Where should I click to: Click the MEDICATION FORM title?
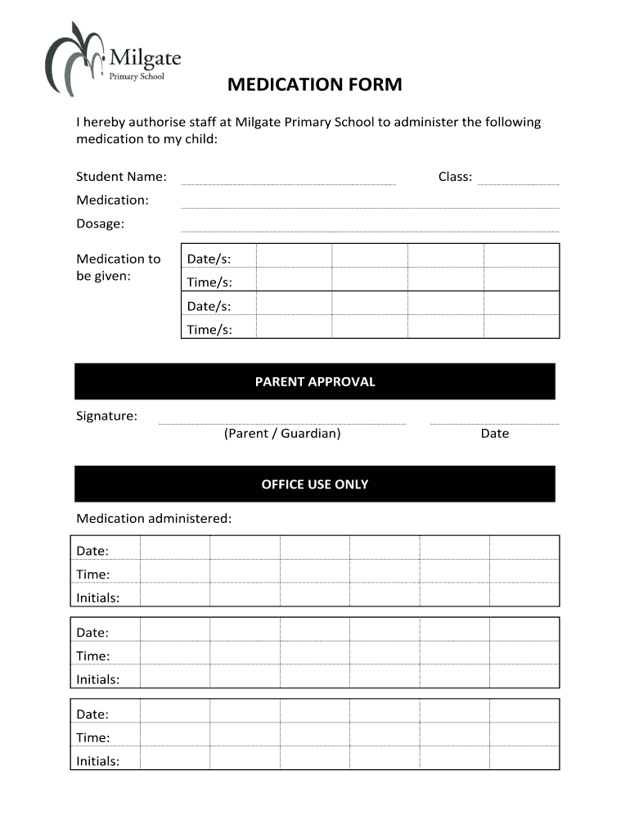click(314, 85)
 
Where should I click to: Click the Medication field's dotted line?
click(369, 207)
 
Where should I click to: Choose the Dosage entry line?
click(369, 231)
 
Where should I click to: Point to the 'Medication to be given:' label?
click(119, 268)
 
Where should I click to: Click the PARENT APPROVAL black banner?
click(314, 381)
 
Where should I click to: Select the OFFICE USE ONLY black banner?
click(314, 484)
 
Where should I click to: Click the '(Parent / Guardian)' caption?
click(282, 434)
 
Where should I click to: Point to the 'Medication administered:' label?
click(154, 518)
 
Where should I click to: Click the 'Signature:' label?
click(106, 416)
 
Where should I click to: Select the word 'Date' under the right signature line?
click(494, 434)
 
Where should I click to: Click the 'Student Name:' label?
click(121, 177)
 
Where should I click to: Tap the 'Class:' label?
click(455, 177)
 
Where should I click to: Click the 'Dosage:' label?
click(100, 223)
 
